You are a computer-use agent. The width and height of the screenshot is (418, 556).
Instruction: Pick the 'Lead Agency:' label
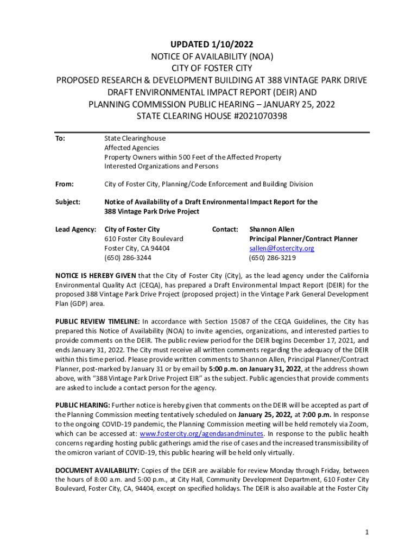[75, 230]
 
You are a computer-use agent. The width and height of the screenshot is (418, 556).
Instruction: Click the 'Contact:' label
[225, 230]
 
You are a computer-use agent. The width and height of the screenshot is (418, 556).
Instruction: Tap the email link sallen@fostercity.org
[282, 248]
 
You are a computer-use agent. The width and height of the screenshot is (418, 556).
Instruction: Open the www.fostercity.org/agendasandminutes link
[202, 434]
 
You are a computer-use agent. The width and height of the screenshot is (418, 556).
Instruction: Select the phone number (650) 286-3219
[273, 257]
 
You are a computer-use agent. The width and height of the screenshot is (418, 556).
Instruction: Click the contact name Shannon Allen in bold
[271, 230]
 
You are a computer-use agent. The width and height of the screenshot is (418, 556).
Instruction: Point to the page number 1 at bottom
[367, 533]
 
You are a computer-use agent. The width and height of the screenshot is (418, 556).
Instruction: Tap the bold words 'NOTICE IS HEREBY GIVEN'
[96, 275]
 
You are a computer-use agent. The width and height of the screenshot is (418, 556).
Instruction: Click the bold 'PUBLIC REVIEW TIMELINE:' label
[98, 321]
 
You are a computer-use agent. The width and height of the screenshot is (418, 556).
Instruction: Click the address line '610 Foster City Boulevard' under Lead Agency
[144, 239]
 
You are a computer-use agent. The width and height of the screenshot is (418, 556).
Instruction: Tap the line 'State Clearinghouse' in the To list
[135, 138]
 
